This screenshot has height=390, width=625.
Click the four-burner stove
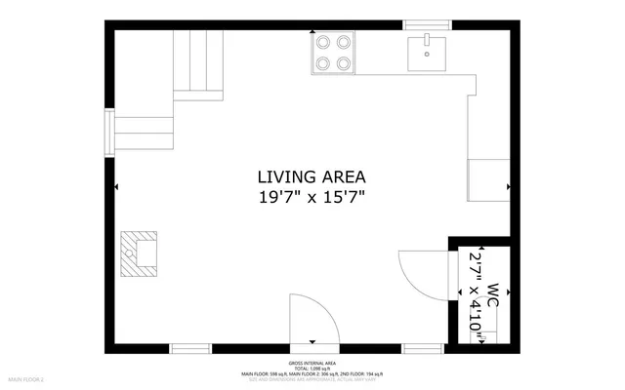click(332, 54)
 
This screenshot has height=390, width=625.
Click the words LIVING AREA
click(311, 176)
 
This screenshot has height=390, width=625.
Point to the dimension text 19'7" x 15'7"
click(311, 197)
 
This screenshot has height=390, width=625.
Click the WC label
click(493, 296)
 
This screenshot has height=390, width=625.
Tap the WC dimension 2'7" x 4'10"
click(476, 292)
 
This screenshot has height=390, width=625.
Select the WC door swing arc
click(415, 273)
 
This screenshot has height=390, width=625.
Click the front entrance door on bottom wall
click(312, 322)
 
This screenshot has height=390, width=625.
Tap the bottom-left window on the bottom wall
click(190, 348)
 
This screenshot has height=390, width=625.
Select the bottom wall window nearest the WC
click(424, 348)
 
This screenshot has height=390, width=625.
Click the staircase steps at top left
click(197, 63)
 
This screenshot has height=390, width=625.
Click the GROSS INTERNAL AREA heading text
click(312, 362)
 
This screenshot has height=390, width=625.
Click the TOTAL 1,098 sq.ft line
click(312, 368)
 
